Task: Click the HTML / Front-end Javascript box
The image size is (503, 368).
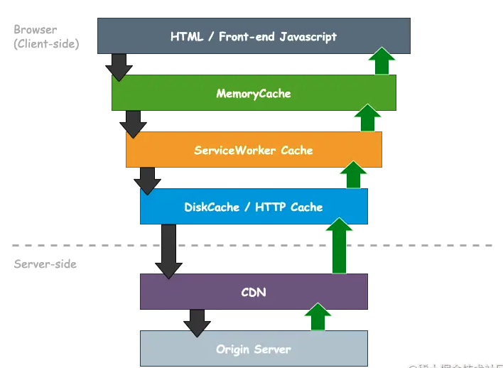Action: [253, 36]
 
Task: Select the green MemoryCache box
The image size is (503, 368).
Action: [253, 93]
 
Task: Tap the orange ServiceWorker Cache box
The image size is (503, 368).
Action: [253, 150]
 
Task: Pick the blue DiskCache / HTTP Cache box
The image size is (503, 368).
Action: [253, 207]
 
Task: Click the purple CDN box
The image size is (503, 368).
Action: [253, 291]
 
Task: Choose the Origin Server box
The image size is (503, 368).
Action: [253, 349]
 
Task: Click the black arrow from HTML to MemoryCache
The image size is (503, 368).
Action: [119, 67]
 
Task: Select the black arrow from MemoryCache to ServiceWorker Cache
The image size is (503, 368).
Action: [133, 124]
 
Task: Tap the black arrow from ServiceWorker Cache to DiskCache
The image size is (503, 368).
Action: [147, 180]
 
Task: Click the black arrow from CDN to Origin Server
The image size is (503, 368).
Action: [197, 323]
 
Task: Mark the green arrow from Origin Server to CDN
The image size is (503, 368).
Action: [318, 317]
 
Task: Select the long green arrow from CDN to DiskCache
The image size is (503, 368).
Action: [339, 247]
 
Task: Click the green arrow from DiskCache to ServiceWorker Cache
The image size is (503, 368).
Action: [353, 175]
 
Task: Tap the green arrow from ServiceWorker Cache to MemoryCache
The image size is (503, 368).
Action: [367, 118]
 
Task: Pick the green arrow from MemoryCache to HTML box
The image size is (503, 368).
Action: [382, 61]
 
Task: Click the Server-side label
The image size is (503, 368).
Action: [45, 264]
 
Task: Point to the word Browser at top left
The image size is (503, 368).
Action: [35, 30]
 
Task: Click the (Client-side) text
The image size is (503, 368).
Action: [46, 44]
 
